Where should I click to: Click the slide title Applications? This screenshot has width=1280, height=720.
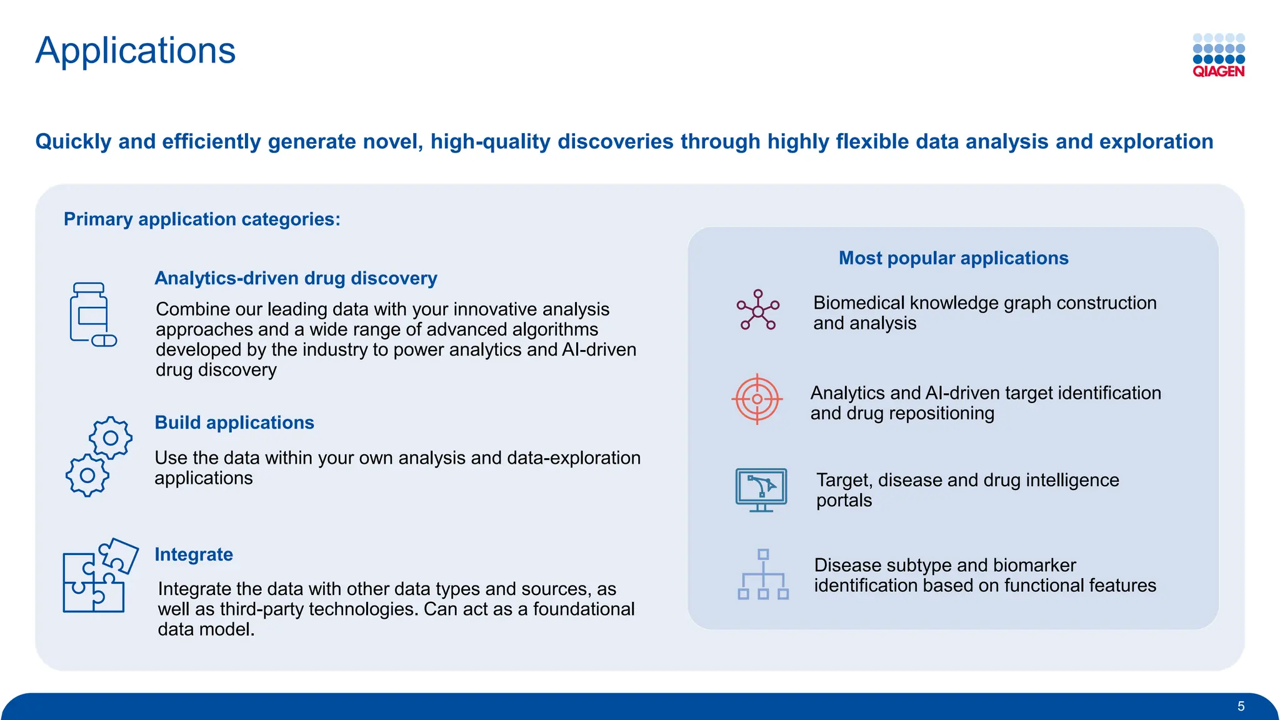(x=135, y=51)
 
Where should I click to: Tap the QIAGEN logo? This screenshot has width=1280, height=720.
(x=1218, y=56)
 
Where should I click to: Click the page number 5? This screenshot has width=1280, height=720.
(x=1241, y=706)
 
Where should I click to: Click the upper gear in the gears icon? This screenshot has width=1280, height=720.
(x=111, y=437)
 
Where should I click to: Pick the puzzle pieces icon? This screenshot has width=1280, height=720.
(x=99, y=576)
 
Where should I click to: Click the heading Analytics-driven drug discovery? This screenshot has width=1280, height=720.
(x=296, y=278)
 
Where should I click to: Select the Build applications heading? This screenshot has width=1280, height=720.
(x=234, y=422)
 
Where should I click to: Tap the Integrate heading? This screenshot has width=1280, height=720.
(x=193, y=554)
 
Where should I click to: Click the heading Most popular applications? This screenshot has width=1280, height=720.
(x=953, y=258)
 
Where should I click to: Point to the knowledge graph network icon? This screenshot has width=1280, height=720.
(x=757, y=310)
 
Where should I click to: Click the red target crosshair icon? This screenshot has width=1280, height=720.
(x=757, y=399)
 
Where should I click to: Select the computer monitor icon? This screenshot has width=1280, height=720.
(x=761, y=489)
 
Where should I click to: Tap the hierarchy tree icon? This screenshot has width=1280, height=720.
(x=762, y=574)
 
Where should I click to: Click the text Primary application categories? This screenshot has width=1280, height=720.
(x=202, y=219)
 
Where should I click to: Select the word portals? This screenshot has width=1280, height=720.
(x=843, y=501)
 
